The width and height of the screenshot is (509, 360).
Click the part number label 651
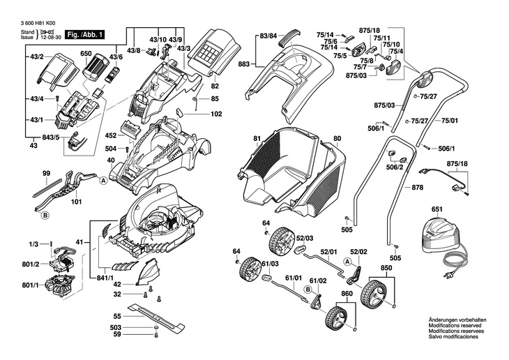(437, 209)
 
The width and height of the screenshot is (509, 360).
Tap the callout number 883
(243, 64)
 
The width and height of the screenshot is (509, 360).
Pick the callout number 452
(111, 135)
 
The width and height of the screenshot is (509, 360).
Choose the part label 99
(46, 172)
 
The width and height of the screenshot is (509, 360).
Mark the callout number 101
(76, 203)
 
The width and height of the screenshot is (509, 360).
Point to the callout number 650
(86, 54)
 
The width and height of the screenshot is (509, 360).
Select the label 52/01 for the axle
(328, 252)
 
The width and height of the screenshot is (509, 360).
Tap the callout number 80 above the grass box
(337, 139)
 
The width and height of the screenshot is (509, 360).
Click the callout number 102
(216, 113)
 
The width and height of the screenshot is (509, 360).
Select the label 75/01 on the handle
(450, 121)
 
